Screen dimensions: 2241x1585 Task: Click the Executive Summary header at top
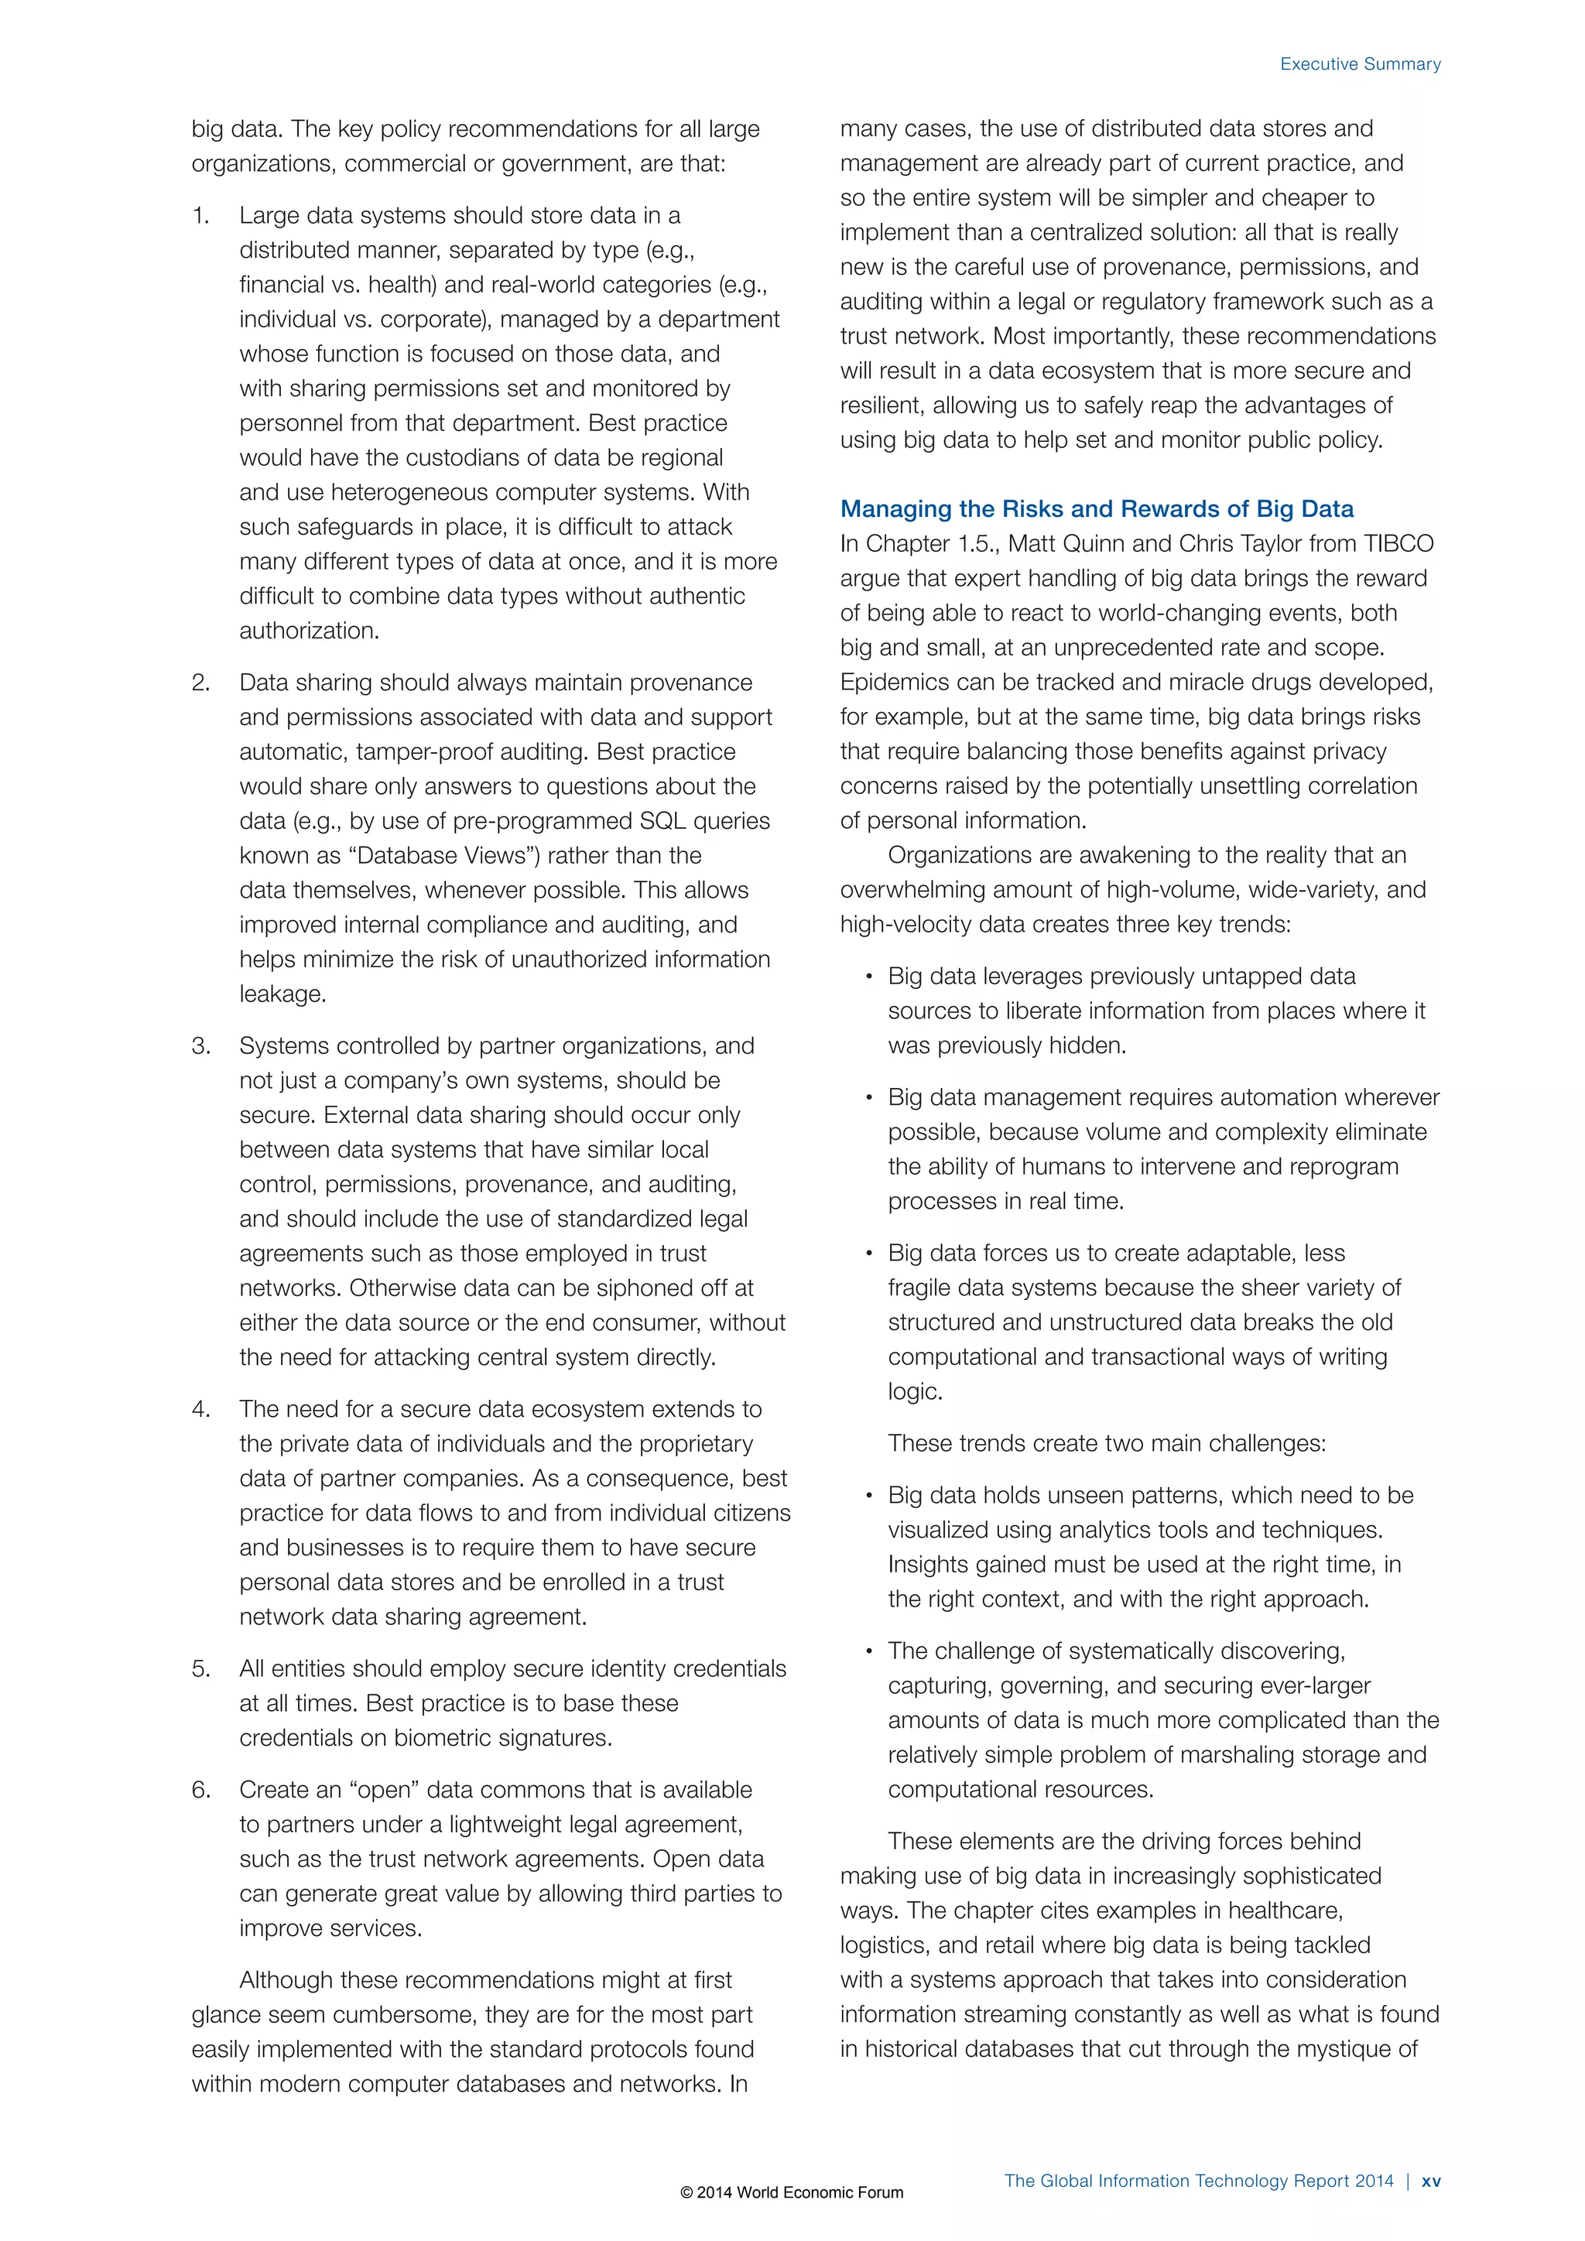1360,64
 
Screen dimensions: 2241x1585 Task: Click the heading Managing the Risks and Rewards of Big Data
1096,508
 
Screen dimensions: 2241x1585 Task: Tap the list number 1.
200,216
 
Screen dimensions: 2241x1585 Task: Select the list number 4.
201,1409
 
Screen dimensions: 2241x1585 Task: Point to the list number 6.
201,1790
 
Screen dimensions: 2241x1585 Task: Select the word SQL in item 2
662,821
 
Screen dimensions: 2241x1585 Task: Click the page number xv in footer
1431,2181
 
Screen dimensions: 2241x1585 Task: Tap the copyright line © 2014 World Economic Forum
792,2192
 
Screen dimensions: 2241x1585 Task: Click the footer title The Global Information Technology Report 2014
1199,2181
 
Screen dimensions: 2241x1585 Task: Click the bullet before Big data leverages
868,978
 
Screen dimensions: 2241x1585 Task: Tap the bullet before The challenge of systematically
868,1652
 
